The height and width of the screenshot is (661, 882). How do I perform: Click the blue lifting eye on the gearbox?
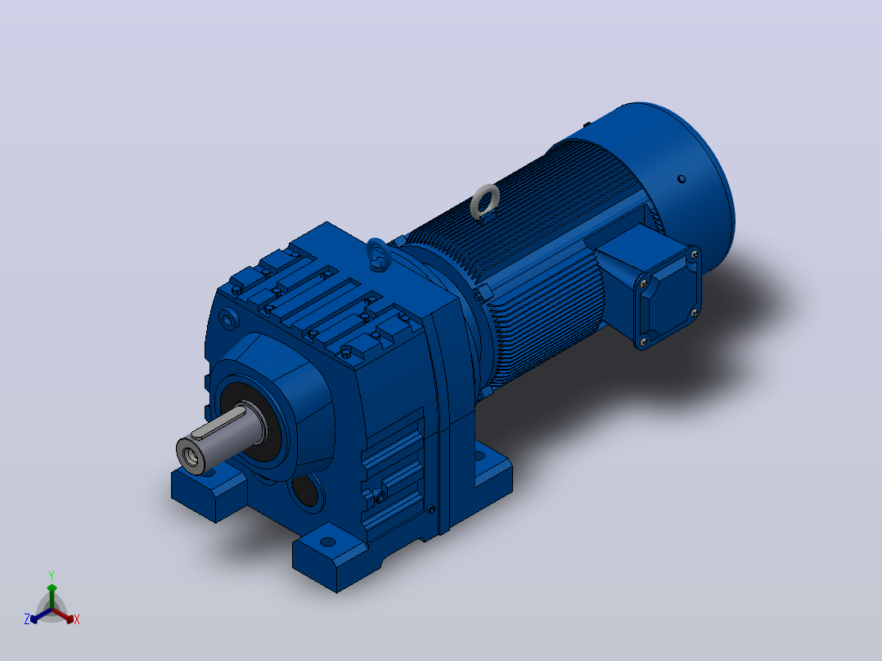(370, 249)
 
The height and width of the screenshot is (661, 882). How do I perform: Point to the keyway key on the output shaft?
(218, 422)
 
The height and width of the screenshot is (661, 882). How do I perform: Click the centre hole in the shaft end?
(190, 456)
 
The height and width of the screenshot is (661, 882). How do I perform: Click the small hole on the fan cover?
(682, 179)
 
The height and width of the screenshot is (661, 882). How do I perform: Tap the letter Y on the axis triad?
(52, 575)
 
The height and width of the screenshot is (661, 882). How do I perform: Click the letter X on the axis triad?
(77, 619)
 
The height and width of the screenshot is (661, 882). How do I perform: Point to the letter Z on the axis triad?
(27, 619)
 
